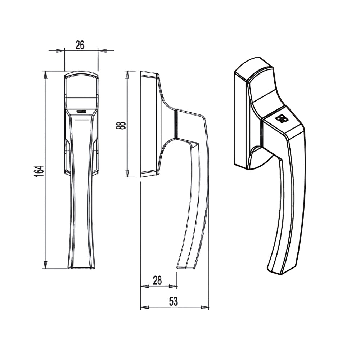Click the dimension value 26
pyautogui.click(x=80, y=45)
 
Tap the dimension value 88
pyautogui.click(x=122, y=125)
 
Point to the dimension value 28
pyautogui.click(x=157, y=280)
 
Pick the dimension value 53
pyautogui.click(x=174, y=301)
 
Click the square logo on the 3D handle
pyautogui.click(x=281, y=119)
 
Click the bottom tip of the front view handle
pyautogui.click(x=82, y=267)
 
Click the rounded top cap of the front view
pyautogui.click(x=81, y=75)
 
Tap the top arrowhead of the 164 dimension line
pyautogui.click(x=45, y=74)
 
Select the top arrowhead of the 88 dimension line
pyautogui.click(x=127, y=74)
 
